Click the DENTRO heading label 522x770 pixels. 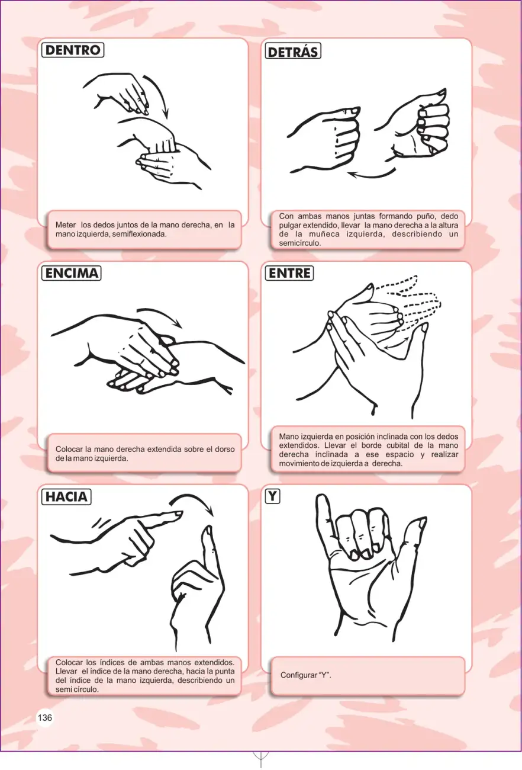point(72,50)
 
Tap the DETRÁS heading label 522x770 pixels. point(293,52)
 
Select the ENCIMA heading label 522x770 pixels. point(72,273)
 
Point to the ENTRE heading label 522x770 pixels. point(289,273)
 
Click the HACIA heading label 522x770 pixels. point(66,497)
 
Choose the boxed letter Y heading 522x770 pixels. point(272,496)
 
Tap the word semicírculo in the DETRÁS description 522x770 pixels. point(300,243)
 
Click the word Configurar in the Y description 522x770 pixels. point(297,675)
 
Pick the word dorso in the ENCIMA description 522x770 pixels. point(225,449)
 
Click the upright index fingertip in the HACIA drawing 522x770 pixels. point(208,531)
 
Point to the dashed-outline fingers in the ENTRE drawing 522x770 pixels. point(412,299)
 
